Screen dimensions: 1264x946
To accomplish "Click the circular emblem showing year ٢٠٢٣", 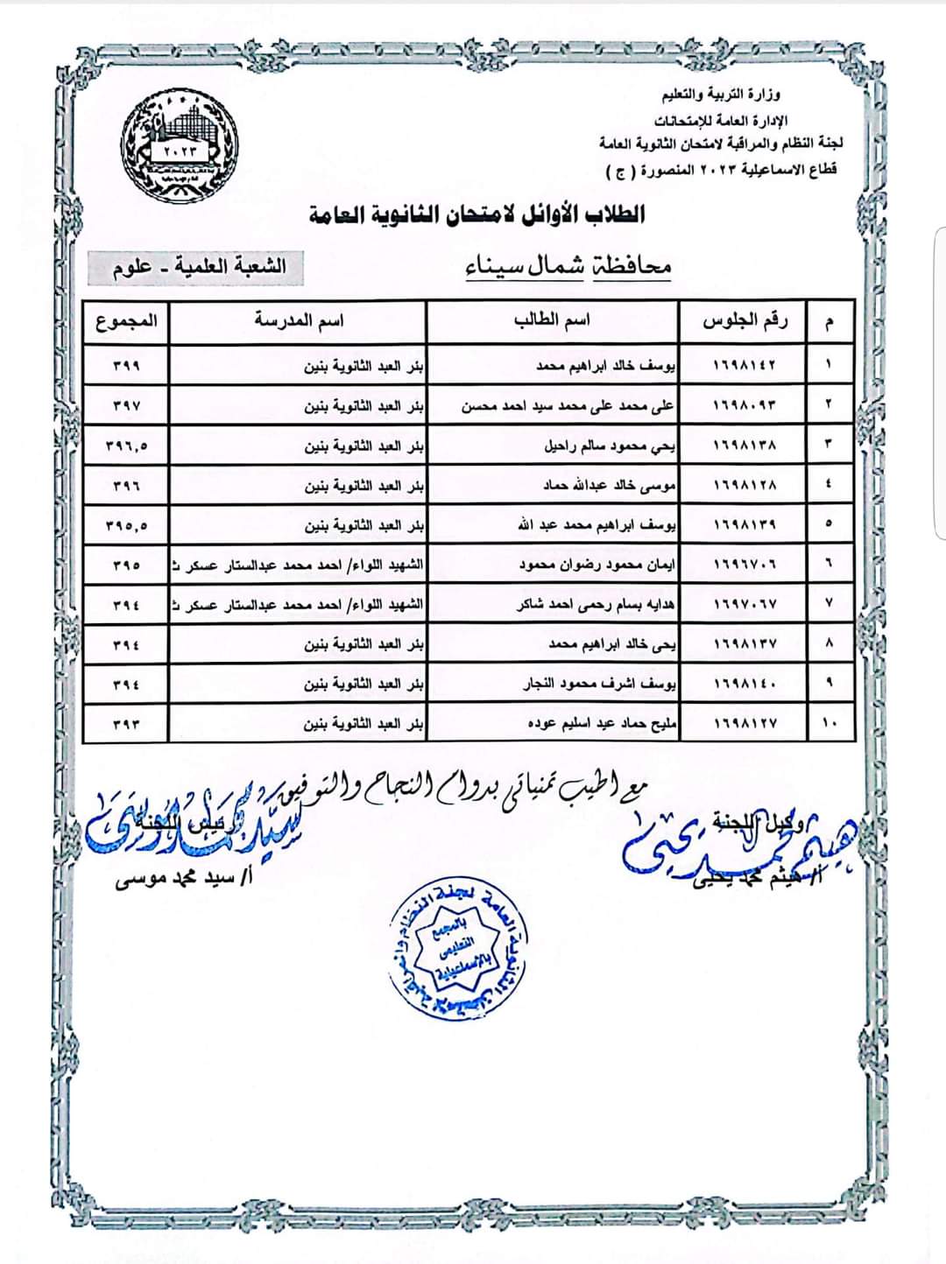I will click(x=180, y=144).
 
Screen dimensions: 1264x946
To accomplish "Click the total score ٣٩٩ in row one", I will click(x=126, y=365).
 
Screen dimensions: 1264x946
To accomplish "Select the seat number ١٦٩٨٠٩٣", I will click(x=745, y=405).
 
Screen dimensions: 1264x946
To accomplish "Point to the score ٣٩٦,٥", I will click(x=126, y=446).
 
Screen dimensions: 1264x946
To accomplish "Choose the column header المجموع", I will click(x=126, y=321).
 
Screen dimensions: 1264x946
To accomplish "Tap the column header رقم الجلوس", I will click(x=745, y=321).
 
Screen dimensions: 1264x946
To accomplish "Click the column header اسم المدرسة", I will click(x=299, y=321).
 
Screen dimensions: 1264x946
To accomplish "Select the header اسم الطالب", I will click(x=552, y=321).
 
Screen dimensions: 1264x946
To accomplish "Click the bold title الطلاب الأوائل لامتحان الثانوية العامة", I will click(x=477, y=214).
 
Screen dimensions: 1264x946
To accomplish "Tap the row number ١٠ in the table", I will click(x=829, y=724).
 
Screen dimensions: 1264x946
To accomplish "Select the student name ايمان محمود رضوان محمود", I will click(x=597, y=565).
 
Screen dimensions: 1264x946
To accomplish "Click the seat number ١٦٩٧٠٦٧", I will click(x=745, y=605).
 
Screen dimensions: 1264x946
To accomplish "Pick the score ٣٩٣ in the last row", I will click(x=126, y=724).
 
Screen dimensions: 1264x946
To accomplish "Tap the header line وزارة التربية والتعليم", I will click(x=721, y=95).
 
